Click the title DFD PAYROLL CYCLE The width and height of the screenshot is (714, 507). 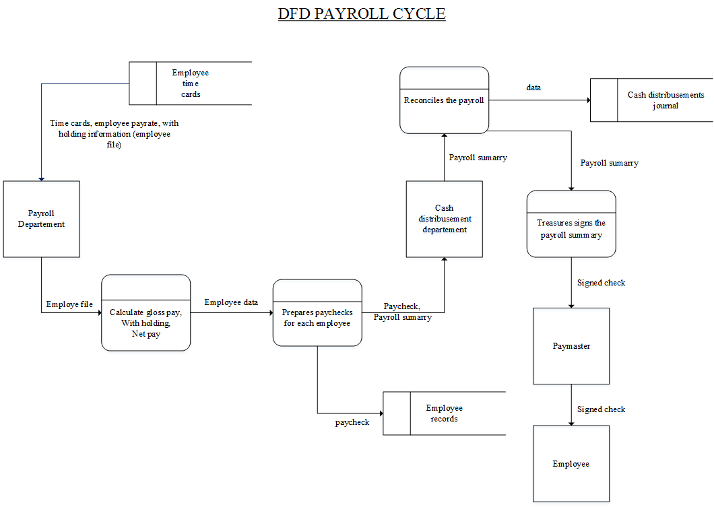coord(361,13)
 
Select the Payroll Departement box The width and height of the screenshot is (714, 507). coord(42,219)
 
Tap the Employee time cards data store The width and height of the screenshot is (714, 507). coord(190,83)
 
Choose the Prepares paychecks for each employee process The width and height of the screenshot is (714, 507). coord(317,318)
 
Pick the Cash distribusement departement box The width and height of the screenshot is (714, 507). coord(445,219)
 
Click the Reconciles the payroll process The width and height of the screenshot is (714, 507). coord(444,100)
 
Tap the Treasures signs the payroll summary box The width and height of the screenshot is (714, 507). coord(571,229)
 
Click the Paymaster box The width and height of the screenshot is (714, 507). coord(571,346)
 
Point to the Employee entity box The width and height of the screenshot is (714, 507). coord(571,464)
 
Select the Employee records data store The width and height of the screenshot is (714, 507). coord(444,413)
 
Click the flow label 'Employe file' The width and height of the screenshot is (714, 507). coord(69,304)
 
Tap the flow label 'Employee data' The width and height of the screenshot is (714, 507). coord(231,302)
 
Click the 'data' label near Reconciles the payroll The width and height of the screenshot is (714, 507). coord(533,88)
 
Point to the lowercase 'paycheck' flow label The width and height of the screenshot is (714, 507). coord(352,422)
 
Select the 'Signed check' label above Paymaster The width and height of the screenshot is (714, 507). coord(601,283)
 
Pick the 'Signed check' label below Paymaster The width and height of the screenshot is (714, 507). coord(601,409)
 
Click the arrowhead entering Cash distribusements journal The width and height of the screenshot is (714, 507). coord(587,100)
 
